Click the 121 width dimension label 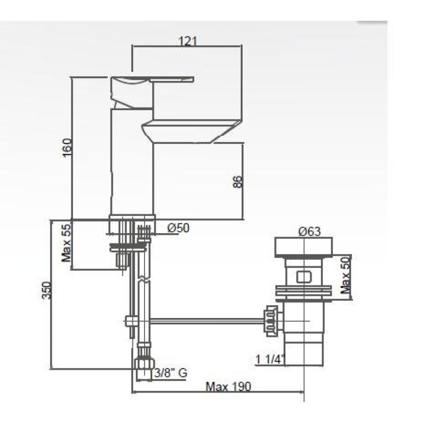[188, 41]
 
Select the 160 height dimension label [66, 147]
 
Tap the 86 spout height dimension [237, 182]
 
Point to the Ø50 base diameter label [179, 228]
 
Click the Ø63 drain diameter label [310, 232]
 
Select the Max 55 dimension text [66, 243]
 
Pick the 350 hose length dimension [47, 290]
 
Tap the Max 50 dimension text [345, 275]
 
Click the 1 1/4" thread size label [270, 359]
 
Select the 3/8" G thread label [171, 373]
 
